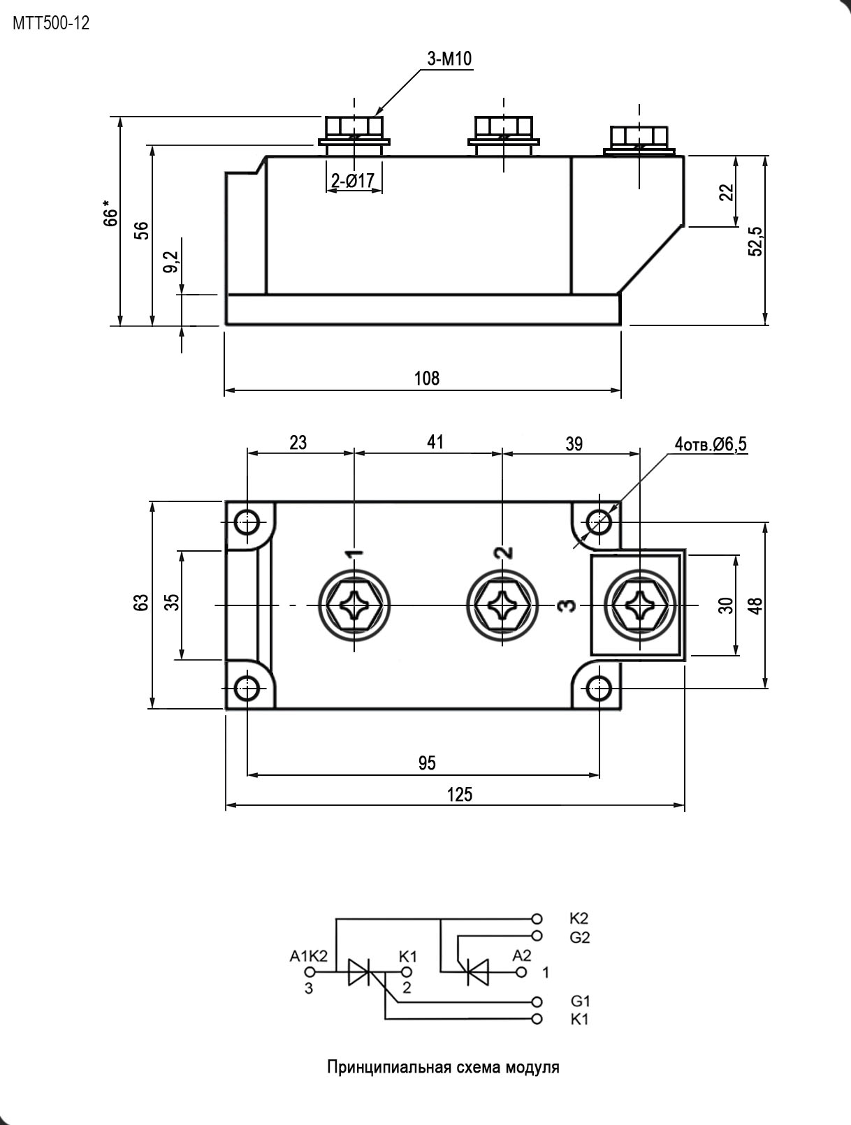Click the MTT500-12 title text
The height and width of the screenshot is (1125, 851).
click(51, 23)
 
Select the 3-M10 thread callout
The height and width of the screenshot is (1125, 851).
click(449, 59)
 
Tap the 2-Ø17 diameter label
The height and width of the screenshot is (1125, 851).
click(354, 181)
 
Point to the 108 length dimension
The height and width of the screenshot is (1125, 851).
click(427, 378)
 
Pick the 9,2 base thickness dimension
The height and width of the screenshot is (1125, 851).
click(173, 262)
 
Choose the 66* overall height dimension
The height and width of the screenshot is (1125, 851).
click(110, 216)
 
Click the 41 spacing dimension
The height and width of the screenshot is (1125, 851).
click(435, 442)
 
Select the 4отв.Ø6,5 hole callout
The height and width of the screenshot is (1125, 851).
click(711, 444)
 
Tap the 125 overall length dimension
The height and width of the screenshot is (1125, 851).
click(460, 795)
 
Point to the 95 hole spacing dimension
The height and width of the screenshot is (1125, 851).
click(427, 763)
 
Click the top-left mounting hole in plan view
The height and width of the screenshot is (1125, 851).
click(247, 523)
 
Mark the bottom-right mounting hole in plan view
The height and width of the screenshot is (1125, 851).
click(599, 689)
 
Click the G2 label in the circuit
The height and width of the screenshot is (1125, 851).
click(580, 938)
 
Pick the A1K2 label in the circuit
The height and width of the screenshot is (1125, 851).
click(309, 957)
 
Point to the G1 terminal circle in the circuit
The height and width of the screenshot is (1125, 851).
click(537, 1001)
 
